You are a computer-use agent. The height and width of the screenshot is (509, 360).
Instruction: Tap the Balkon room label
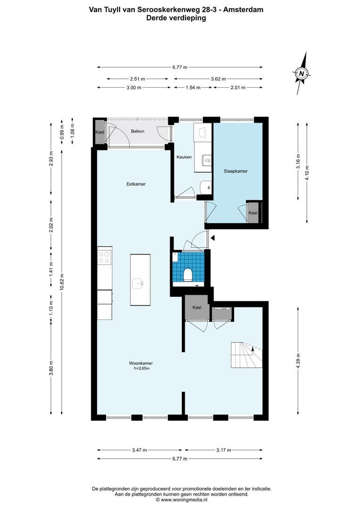click(x=124, y=131)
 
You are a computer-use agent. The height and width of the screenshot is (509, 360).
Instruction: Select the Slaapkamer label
click(x=236, y=172)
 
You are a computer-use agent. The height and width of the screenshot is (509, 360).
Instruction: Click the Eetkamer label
click(x=135, y=184)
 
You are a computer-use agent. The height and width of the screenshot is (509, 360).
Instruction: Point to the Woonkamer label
click(x=141, y=363)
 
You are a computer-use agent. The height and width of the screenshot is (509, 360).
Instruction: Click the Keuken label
click(x=184, y=157)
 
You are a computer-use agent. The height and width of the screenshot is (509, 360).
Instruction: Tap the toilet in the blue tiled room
click(x=188, y=274)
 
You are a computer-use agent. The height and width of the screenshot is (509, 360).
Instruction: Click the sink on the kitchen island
click(x=138, y=283)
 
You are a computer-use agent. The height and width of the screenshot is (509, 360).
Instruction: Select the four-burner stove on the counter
click(x=105, y=257)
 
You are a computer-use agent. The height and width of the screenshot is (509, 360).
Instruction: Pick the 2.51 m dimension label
click(x=137, y=79)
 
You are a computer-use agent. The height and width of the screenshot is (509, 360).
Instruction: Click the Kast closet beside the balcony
click(x=99, y=132)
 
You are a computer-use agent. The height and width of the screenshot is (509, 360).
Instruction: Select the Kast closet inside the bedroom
click(x=253, y=213)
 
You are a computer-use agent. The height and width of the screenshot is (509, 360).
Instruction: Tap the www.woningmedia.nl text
click(x=185, y=500)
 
